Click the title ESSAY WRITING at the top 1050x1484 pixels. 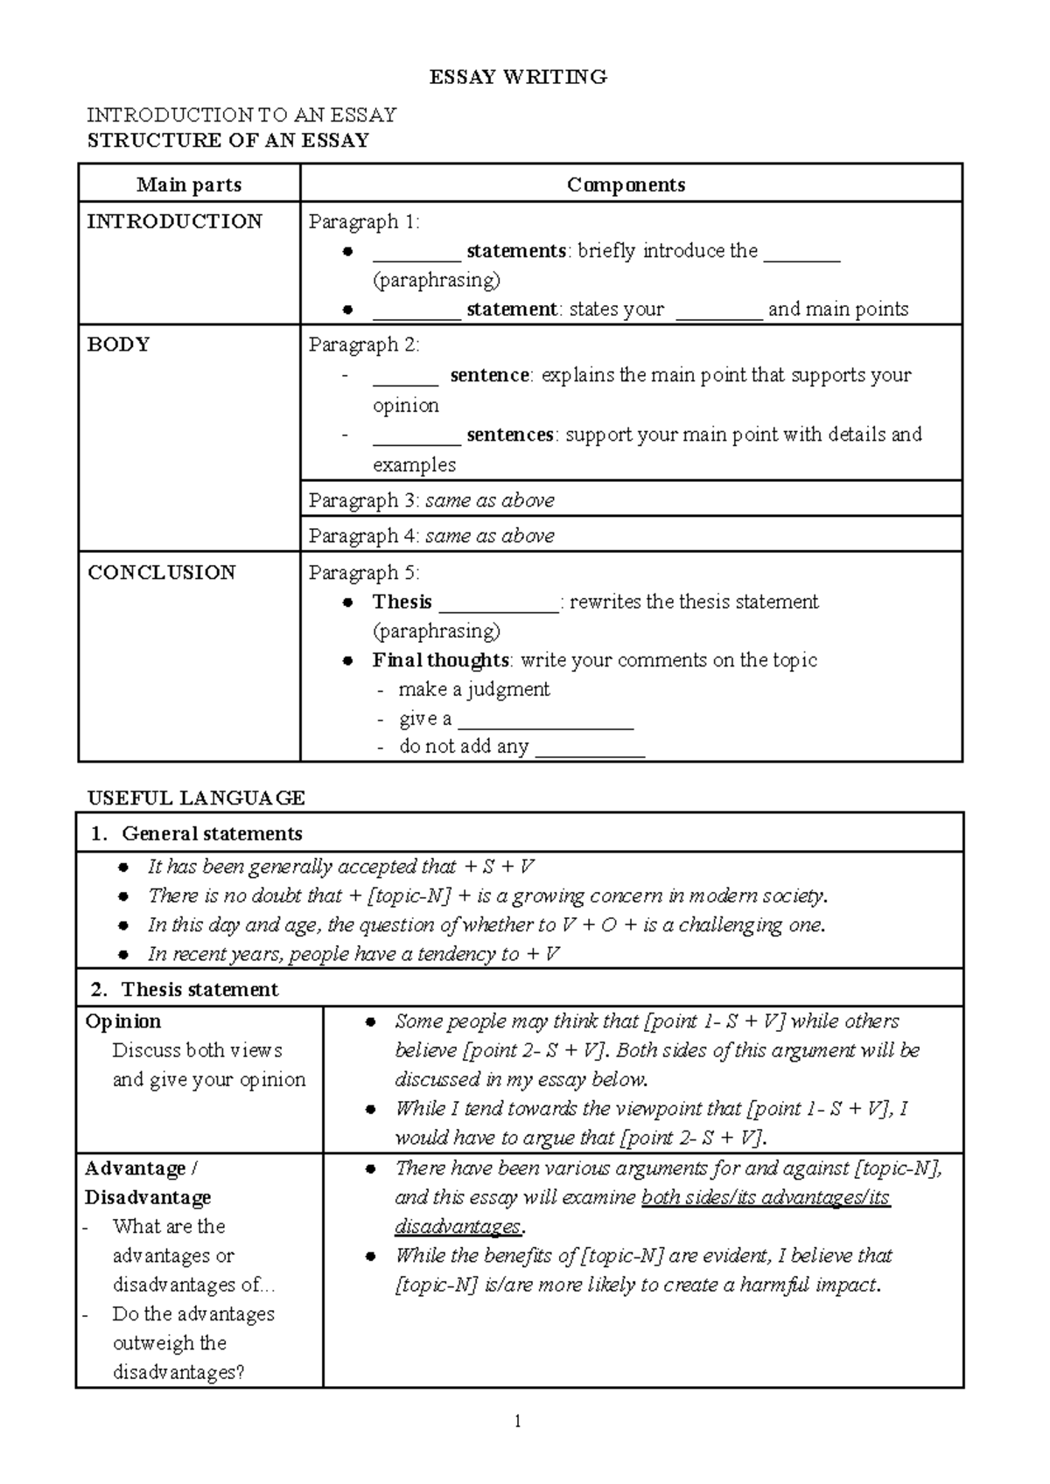[x=518, y=77]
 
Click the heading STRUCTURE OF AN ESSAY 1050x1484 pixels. [x=227, y=140]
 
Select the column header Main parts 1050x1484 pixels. [x=189, y=185]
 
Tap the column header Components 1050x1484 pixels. [x=626, y=185]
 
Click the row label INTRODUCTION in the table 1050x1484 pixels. [x=174, y=221]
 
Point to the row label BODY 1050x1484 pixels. [x=118, y=345]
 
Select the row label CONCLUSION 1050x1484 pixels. [x=162, y=573]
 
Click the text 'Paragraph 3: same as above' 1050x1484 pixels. [x=431, y=500]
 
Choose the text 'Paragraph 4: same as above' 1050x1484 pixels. [x=431, y=535]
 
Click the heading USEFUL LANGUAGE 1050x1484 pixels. [x=196, y=798]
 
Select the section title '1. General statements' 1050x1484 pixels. [x=197, y=833]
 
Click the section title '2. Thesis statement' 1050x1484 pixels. [x=185, y=989]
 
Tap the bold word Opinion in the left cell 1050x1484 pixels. [x=123, y=1021]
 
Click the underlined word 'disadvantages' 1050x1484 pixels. [x=458, y=1226]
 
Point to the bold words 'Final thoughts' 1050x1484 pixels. [x=441, y=660]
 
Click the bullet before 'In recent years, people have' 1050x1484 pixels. [x=124, y=955]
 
